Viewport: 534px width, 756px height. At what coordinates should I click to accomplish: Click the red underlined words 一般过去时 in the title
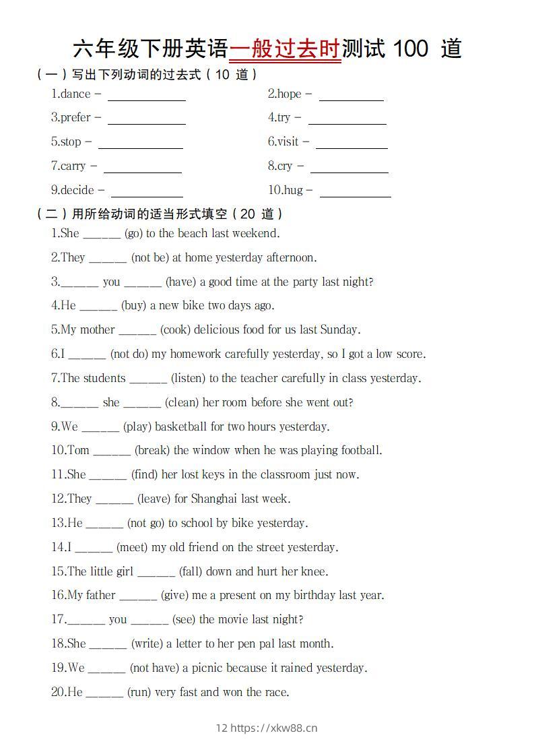pyautogui.click(x=285, y=49)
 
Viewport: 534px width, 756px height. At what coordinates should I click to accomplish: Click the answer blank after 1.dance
pyautogui.click(x=147, y=96)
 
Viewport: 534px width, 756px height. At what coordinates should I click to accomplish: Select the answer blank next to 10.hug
pyautogui.click(x=355, y=192)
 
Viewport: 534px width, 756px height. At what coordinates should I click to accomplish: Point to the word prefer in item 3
pyautogui.click(x=75, y=118)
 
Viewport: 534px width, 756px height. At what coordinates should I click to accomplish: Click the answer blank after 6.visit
pyautogui.click(x=352, y=144)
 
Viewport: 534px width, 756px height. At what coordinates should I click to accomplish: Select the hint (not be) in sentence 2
pyautogui.click(x=149, y=258)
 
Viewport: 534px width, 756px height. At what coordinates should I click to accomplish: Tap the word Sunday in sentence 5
pyautogui.click(x=339, y=330)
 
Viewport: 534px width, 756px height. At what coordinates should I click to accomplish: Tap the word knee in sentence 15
pyautogui.click(x=313, y=572)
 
